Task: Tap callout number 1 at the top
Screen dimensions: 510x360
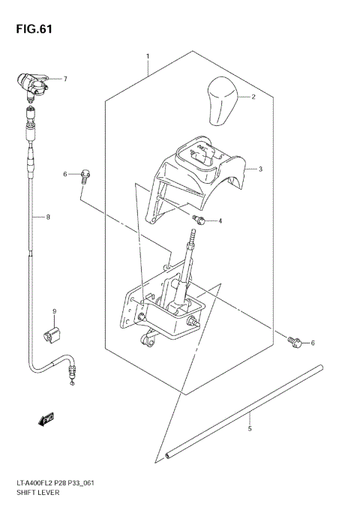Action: [x=148, y=56]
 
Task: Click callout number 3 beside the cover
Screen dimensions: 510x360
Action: [x=260, y=169]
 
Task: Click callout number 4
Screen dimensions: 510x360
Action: [x=220, y=221]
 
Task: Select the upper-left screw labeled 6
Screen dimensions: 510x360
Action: [x=85, y=175]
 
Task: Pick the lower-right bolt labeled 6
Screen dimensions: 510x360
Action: [x=294, y=342]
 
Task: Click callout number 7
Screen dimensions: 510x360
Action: [x=65, y=79]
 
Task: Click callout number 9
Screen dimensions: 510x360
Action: [x=54, y=311]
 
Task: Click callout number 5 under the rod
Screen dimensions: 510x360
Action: [x=250, y=428]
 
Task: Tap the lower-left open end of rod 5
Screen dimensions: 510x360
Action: [x=168, y=454]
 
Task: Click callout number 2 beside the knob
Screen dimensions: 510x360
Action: [x=253, y=97]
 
